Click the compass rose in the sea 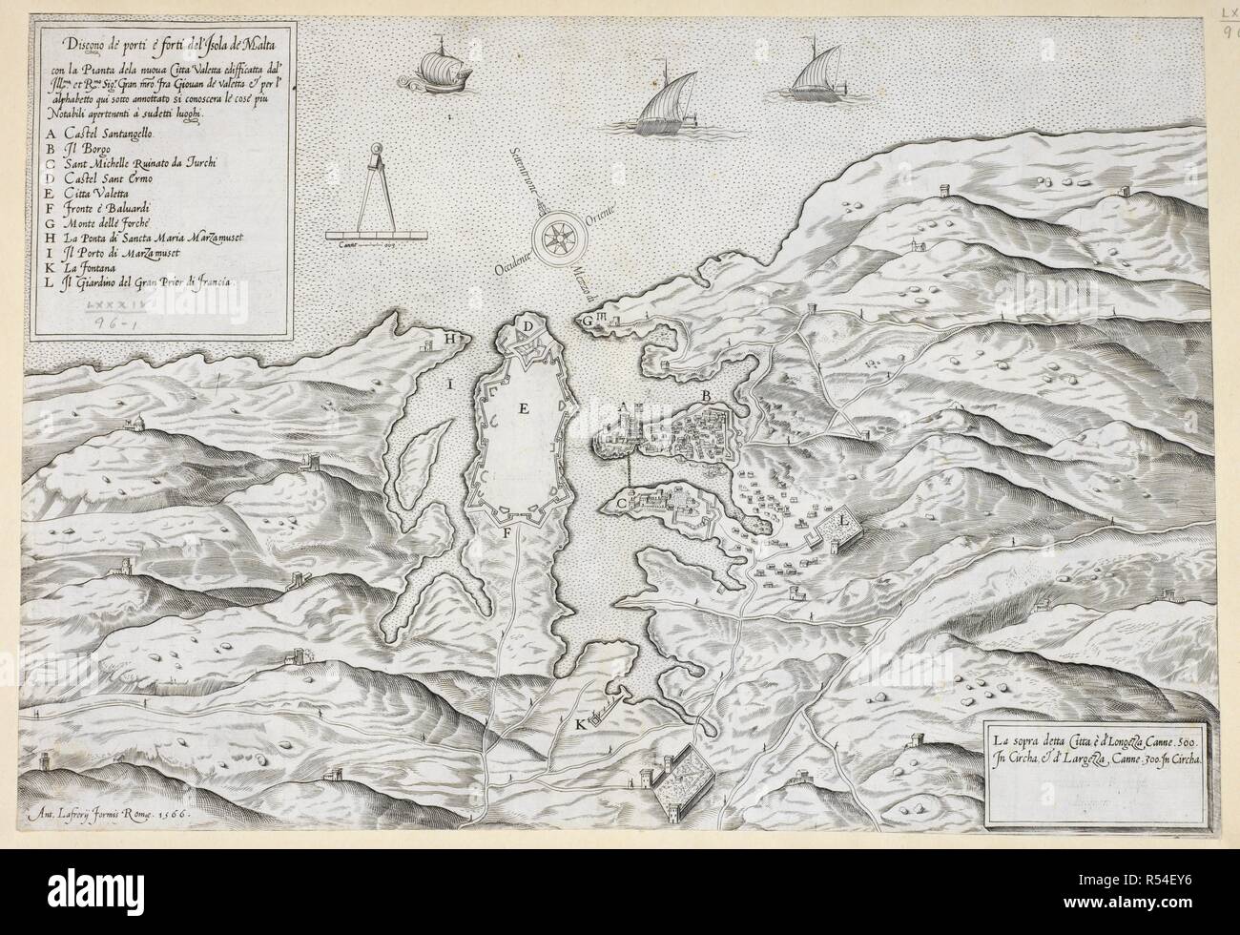(x=556, y=238)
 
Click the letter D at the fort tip (x=527, y=327)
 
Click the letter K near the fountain (x=581, y=724)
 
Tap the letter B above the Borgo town (x=707, y=394)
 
